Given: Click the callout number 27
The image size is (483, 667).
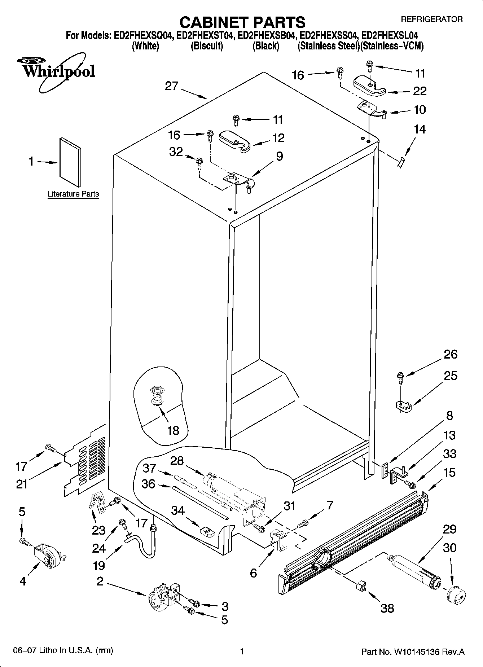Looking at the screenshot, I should [x=172, y=86].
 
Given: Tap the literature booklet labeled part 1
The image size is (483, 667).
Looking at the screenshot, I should [x=70, y=162].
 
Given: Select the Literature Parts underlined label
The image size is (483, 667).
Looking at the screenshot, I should [x=73, y=194].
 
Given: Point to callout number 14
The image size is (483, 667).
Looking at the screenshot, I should [x=420, y=129].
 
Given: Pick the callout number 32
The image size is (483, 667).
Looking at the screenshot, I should [x=176, y=152].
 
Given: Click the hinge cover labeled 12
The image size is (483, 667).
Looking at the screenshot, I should [x=235, y=140].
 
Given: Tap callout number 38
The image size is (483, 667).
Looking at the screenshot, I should [x=387, y=608].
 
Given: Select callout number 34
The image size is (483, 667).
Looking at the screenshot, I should [x=178, y=510].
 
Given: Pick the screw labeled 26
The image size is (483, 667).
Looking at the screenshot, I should [x=400, y=376].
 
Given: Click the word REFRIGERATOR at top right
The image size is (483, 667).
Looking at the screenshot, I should [x=431, y=19].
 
